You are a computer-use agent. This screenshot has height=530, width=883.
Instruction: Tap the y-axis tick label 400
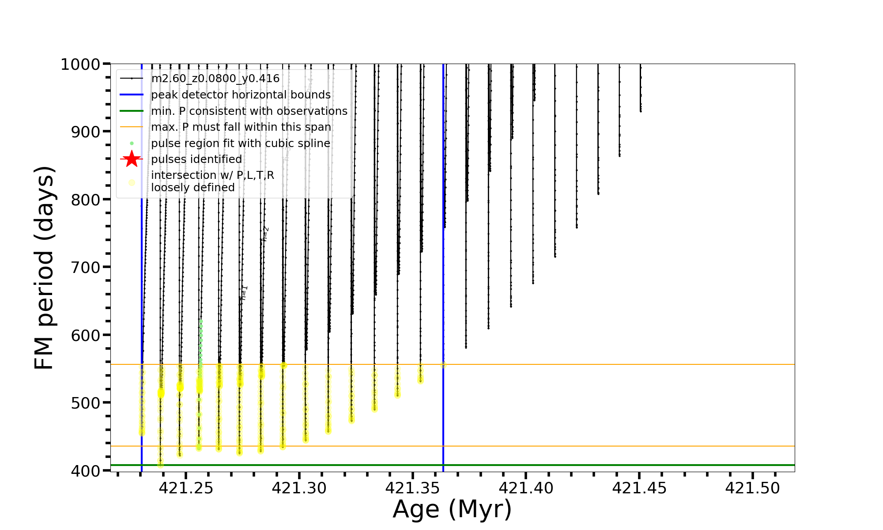[85, 471]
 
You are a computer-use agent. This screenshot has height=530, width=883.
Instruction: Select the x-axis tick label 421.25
[186, 488]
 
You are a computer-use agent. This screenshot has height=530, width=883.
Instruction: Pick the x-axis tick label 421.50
[753, 488]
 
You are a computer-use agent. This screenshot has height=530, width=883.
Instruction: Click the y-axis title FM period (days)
[44, 268]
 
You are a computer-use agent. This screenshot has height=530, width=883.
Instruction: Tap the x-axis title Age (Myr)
[452, 509]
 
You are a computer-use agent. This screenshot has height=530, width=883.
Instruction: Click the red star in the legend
[132, 159]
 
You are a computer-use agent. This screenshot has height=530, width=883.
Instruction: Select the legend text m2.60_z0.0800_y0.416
[215, 79]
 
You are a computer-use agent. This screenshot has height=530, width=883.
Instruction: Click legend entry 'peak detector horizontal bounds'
[241, 95]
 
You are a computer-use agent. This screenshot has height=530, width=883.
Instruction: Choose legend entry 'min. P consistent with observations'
[249, 111]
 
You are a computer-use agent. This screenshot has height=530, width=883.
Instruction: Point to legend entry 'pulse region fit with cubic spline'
[241, 144]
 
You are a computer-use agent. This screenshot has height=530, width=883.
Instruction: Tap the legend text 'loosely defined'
[192, 188]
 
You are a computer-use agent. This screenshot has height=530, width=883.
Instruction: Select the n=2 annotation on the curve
[265, 234]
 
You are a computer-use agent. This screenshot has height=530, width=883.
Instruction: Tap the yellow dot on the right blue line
[443, 365]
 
